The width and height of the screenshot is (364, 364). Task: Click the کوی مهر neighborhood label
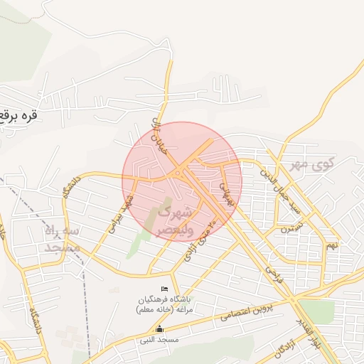click(x=311, y=165)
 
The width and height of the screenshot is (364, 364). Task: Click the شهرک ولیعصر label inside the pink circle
click(x=173, y=220)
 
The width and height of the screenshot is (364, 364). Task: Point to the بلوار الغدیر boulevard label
click(x=306, y=332)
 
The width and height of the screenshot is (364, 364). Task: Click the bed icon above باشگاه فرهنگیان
click(x=166, y=289)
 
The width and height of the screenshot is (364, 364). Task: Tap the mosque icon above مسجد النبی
click(x=159, y=328)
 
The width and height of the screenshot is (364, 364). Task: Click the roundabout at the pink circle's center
click(x=178, y=174)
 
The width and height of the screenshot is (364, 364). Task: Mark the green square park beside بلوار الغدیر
click(x=317, y=311)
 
